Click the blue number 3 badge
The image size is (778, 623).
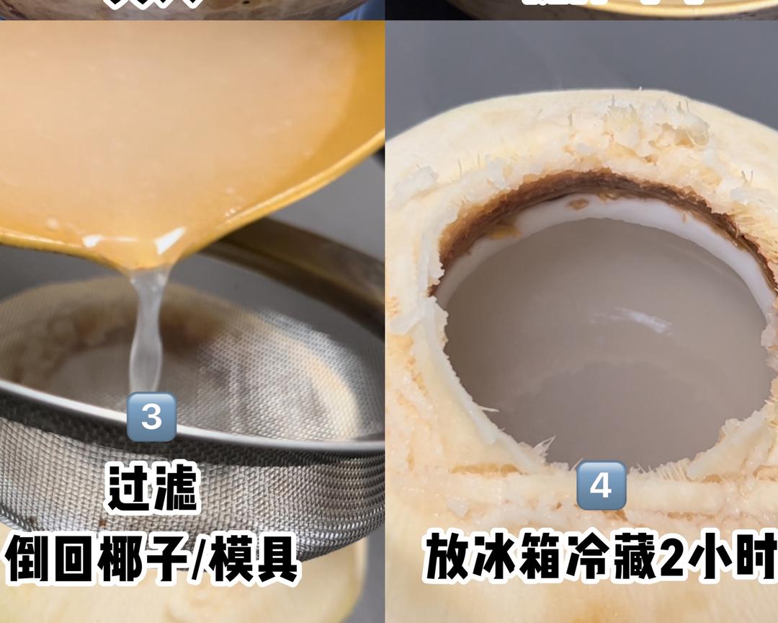coord(151,417)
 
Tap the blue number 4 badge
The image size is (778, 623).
coord(601,485)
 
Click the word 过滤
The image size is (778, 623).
coord(152,487)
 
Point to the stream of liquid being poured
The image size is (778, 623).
coord(148,324)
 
